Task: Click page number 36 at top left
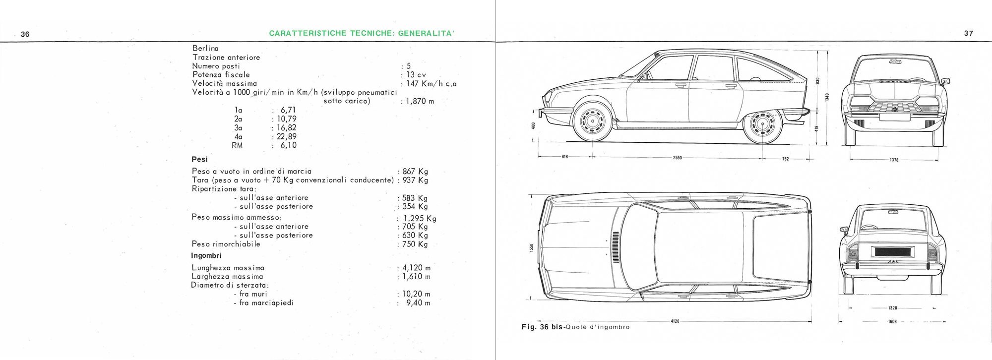click(25, 34)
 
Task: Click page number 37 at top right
click(969, 34)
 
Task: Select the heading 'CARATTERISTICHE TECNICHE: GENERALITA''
click(362, 34)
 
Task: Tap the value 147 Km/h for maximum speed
click(431, 84)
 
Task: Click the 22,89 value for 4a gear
click(286, 136)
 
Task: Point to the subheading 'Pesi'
click(199, 159)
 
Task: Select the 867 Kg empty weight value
click(415, 172)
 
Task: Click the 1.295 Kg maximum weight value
click(419, 218)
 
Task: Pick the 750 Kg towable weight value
click(415, 244)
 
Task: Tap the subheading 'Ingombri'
click(206, 256)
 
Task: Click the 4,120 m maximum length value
click(416, 268)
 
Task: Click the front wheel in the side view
click(591, 122)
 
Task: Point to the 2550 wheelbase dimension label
click(677, 158)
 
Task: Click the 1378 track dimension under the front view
click(894, 160)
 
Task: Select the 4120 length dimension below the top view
click(675, 321)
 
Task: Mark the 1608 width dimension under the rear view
click(892, 321)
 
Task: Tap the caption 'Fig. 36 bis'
click(543, 327)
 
